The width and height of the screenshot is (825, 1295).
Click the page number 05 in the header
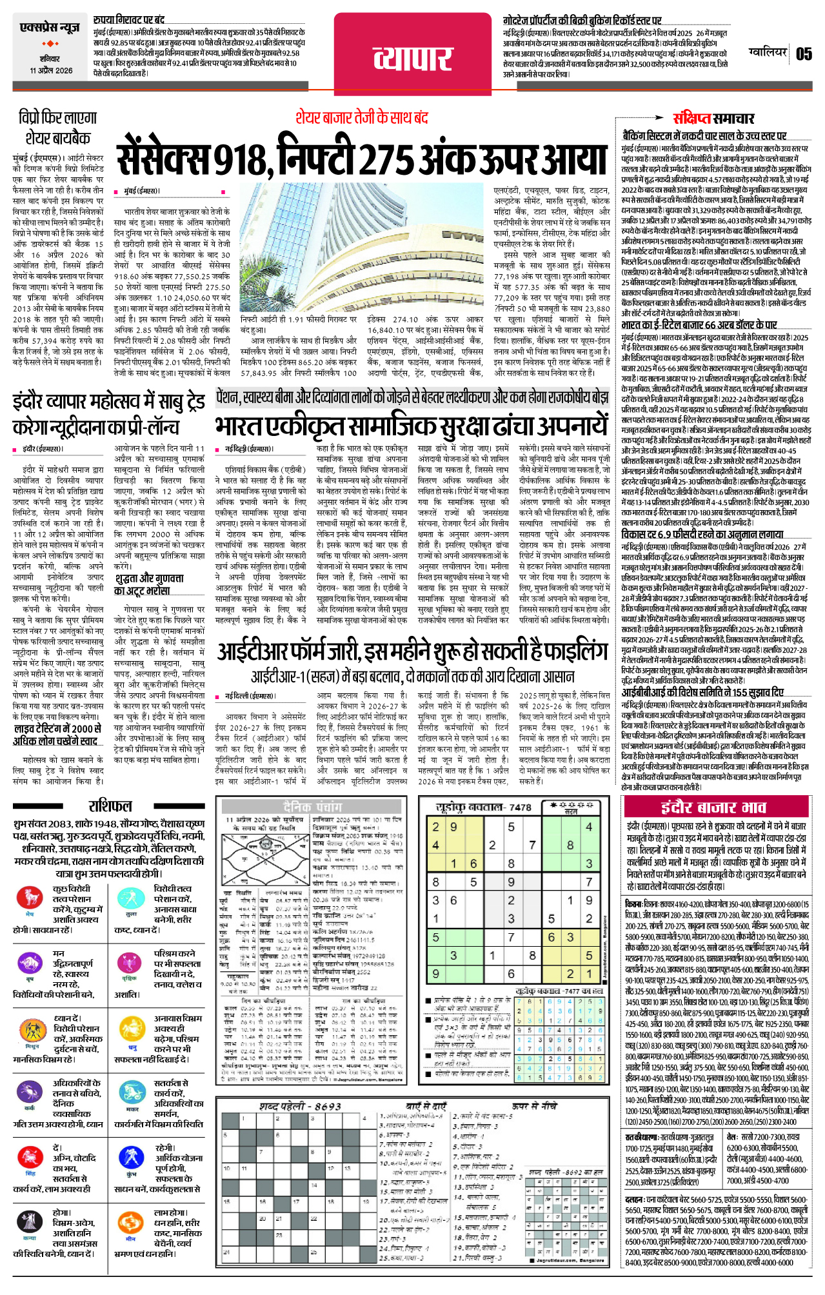click(804, 54)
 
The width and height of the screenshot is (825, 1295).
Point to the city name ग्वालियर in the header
click(768, 52)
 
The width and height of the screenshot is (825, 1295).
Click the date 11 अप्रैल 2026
click(51, 70)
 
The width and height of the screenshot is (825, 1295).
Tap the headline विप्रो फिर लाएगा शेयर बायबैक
click(58, 128)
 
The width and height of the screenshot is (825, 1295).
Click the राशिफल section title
click(110, 806)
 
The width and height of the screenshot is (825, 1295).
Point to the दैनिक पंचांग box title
click(312, 807)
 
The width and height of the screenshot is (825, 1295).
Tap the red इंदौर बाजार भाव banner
click(713, 807)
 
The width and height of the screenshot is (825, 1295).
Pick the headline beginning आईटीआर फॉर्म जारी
click(412, 652)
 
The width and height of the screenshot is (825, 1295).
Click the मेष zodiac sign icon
click(30, 897)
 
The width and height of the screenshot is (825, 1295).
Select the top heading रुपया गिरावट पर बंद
click(128, 21)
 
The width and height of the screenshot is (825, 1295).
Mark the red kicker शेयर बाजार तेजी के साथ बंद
click(361, 117)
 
